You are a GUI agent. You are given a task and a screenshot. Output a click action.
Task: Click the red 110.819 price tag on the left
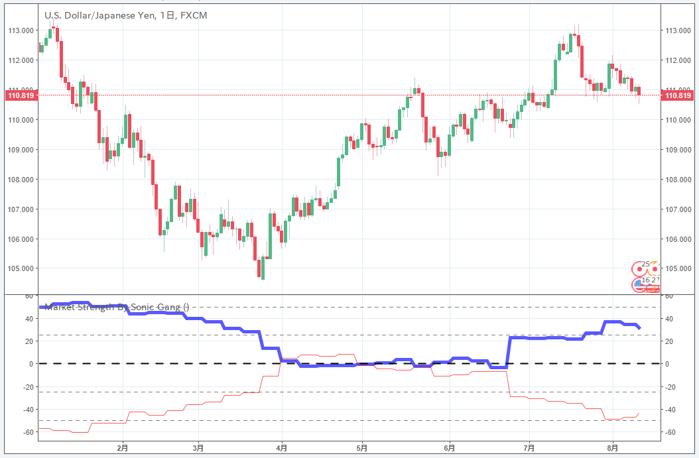click(x=19, y=95)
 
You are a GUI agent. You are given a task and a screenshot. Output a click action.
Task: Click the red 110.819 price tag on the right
click(x=678, y=95)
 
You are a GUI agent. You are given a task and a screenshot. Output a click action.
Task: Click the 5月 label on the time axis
click(x=362, y=448)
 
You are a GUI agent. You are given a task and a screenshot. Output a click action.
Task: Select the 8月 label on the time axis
click(x=613, y=448)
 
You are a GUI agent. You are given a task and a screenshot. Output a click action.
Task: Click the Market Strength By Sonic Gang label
click(x=116, y=307)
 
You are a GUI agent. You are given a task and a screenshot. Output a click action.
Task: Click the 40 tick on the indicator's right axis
click(x=670, y=319)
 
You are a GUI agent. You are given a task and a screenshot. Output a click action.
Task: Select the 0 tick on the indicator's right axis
click(x=668, y=364)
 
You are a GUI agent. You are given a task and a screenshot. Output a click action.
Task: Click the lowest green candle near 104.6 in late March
click(x=263, y=268)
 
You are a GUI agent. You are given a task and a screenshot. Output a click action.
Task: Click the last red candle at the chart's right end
click(x=639, y=91)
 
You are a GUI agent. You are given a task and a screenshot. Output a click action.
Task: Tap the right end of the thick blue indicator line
click(x=639, y=327)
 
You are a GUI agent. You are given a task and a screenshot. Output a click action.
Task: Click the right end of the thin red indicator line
click(x=639, y=414)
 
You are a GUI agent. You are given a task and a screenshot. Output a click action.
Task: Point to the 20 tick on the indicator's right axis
click(x=670, y=341)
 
